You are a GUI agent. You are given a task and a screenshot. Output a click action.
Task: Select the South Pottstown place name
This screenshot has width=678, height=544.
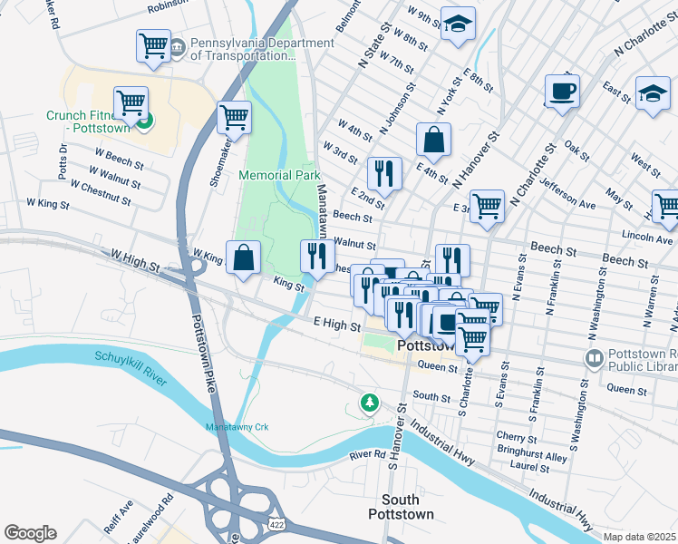tap(400, 507)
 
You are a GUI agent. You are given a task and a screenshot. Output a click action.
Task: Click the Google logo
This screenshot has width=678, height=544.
tap(30, 533)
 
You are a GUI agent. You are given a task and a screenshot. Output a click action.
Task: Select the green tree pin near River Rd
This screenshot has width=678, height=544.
tap(368, 402)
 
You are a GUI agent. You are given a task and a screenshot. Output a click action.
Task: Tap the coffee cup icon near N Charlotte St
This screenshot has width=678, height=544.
tap(562, 92)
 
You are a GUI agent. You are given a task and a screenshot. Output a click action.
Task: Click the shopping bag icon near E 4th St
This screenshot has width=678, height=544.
tap(434, 141)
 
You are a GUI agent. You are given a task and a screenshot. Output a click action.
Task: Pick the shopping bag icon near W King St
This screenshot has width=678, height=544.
tap(244, 257)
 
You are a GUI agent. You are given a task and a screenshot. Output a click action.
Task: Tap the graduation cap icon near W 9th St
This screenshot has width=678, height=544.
tap(458, 24)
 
